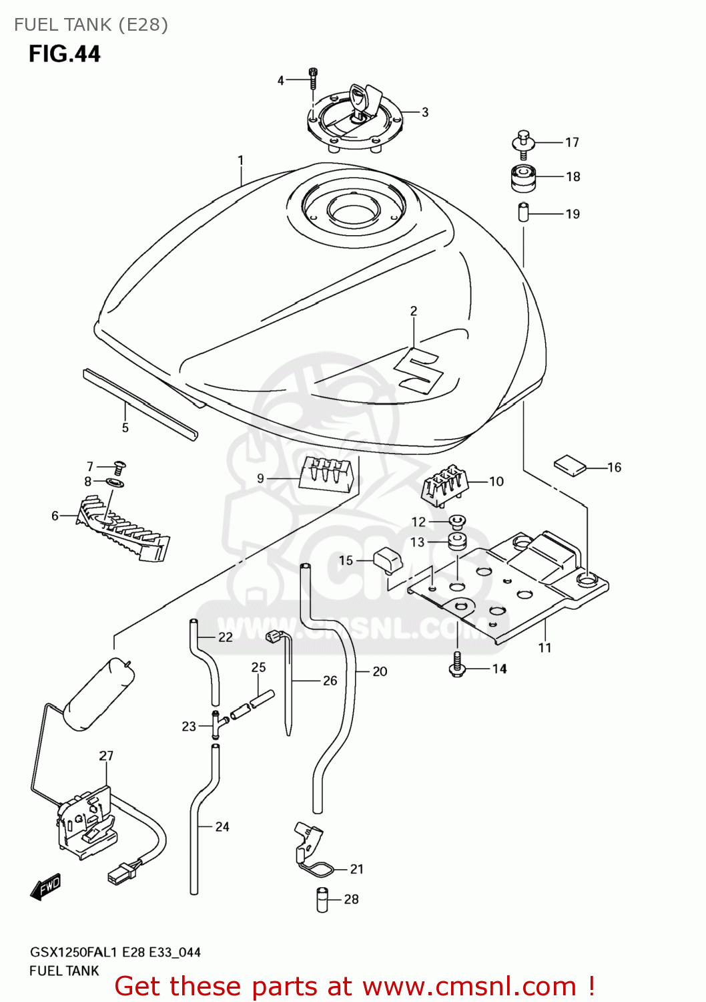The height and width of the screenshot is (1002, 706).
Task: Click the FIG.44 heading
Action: (x=64, y=53)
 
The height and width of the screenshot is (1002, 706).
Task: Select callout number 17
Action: (x=572, y=142)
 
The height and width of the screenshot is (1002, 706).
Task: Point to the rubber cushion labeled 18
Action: (x=523, y=177)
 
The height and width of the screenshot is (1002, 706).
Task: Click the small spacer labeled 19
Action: (x=524, y=213)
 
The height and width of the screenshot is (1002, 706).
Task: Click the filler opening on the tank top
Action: (x=353, y=212)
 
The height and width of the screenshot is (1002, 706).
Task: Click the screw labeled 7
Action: (x=120, y=466)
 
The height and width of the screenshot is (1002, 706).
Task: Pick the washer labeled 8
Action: (x=115, y=482)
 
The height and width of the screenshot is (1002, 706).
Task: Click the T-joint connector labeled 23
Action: (x=216, y=725)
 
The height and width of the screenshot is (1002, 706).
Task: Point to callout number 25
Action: (x=258, y=667)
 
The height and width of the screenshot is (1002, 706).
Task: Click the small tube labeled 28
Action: (x=322, y=899)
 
